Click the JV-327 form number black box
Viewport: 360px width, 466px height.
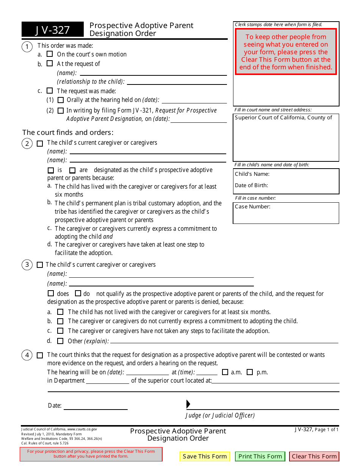coord(53,30)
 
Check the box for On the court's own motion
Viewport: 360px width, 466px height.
coord(50,54)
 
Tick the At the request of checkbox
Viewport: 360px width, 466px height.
coord(50,64)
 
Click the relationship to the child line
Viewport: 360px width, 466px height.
coord(176,81)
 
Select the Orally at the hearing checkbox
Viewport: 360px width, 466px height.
coord(61,100)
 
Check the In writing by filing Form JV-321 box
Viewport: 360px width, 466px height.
coord(61,111)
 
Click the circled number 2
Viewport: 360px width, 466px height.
coord(27,144)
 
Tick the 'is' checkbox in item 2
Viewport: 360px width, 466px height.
coord(51,170)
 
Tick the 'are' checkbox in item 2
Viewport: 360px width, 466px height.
coord(72,170)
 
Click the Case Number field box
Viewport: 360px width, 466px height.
coord(286,213)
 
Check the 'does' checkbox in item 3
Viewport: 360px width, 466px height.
coord(51,293)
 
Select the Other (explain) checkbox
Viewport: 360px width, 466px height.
coord(60,341)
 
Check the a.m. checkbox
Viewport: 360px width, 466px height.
coord(225,372)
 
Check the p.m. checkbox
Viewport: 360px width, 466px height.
coord(250,372)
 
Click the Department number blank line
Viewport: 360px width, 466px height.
coord(108,381)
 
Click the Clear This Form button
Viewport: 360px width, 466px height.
coord(314,457)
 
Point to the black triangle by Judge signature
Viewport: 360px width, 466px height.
coord(188,404)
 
